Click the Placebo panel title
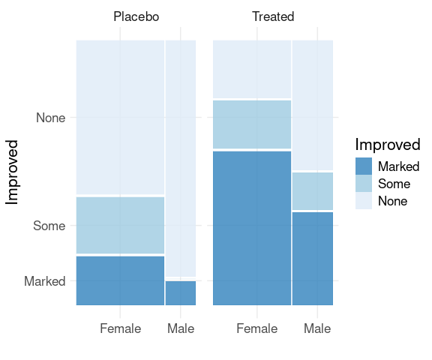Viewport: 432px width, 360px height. [x=136, y=16]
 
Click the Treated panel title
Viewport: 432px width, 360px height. [x=273, y=16]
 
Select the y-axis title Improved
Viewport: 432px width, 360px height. [x=12, y=172]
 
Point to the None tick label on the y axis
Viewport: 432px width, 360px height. [x=51, y=118]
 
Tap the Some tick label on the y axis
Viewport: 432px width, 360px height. [x=49, y=226]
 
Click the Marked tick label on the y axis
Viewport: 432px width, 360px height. [x=45, y=281]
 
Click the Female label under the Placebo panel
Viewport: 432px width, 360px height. [x=121, y=328]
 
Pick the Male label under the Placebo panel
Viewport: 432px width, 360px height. [x=181, y=328]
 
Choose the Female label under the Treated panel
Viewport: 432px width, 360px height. [x=257, y=328]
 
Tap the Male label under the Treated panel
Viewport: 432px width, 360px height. [x=317, y=328]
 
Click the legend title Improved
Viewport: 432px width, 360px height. [x=388, y=145]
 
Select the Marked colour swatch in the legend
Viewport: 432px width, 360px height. [x=364, y=166]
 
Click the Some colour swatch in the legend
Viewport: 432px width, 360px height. [x=364, y=184]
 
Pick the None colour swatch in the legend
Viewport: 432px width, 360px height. [x=364, y=201]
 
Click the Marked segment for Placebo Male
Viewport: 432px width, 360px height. [x=181, y=293]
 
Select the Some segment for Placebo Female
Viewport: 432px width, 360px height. [x=121, y=225]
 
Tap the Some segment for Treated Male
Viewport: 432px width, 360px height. [x=313, y=191]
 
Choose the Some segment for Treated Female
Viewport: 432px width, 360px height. [x=252, y=124]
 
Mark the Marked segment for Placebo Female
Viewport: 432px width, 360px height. [x=121, y=280]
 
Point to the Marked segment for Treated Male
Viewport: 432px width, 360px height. [x=313, y=259]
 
